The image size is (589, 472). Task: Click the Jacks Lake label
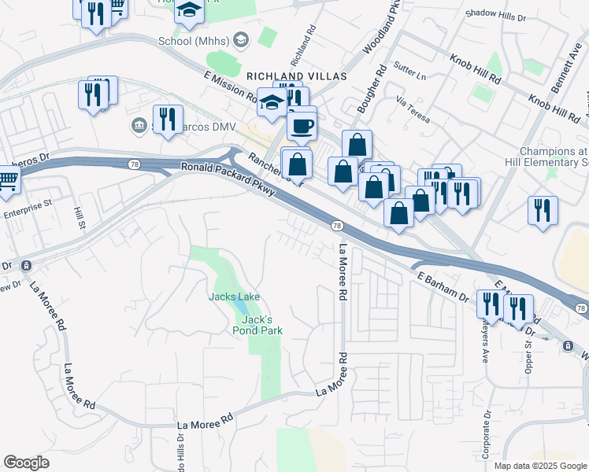pyautogui.click(x=234, y=297)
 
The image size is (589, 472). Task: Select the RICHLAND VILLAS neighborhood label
pyautogui.click(x=285, y=76)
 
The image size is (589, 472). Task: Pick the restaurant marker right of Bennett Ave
pyautogui.click(x=543, y=210)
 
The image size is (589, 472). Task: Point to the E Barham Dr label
pyautogui.click(x=443, y=286)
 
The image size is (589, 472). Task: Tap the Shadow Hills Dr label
pyautogui.click(x=495, y=14)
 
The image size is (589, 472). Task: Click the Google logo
pyautogui.click(x=27, y=463)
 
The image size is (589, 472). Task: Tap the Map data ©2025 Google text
pyautogui.click(x=540, y=466)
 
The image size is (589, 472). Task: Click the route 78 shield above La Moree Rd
pyautogui.click(x=336, y=226)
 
